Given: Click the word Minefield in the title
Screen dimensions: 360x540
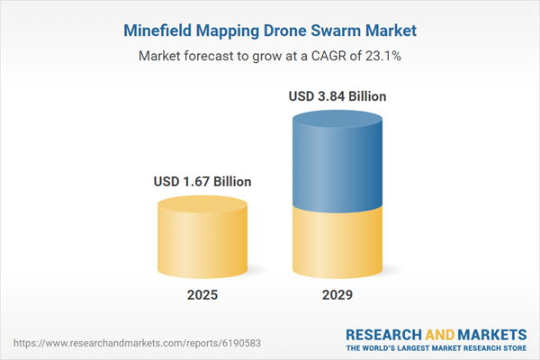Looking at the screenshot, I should pyautogui.click(x=157, y=31).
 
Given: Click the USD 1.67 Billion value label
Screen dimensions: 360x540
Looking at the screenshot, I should pyautogui.click(x=202, y=182).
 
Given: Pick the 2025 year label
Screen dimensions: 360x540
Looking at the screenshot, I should pyautogui.click(x=202, y=296).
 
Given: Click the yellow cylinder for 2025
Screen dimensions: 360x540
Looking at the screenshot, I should pyautogui.click(x=202, y=238).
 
